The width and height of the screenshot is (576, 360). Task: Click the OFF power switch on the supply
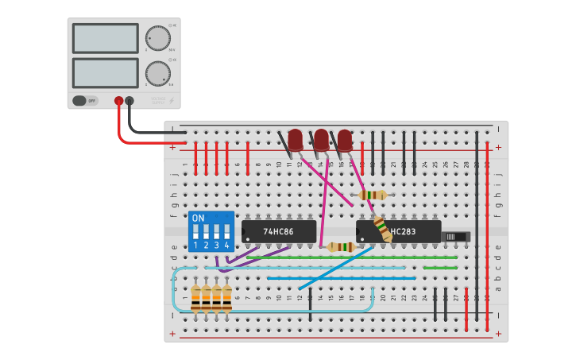click(84, 101)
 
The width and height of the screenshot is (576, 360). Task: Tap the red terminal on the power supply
click(119, 101)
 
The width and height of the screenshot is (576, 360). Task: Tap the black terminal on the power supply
click(130, 101)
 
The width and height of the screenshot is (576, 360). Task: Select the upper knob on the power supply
click(158, 38)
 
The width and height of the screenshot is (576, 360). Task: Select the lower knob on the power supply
click(158, 73)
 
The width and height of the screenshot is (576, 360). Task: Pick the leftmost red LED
click(296, 140)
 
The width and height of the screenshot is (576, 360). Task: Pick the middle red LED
click(321, 140)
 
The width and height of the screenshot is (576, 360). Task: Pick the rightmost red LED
click(345, 140)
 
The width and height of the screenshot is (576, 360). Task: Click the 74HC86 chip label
click(278, 232)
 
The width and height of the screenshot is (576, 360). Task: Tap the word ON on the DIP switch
click(198, 218)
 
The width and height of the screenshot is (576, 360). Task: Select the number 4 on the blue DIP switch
click(227, 246)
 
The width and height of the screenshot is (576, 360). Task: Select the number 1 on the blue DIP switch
click(195, 246)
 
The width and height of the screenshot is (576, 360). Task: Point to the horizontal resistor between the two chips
click(341, 246)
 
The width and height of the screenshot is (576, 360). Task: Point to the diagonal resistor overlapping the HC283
click(382, 228)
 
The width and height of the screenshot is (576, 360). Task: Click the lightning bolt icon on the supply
click(172, 101)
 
